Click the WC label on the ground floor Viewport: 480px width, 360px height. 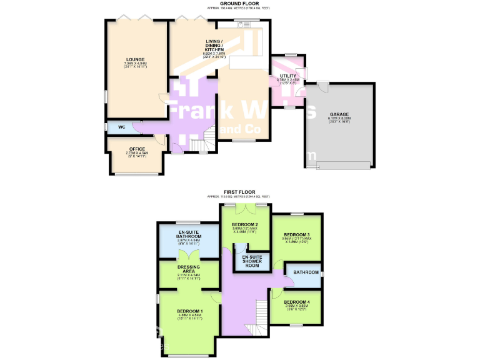tap(122, 127)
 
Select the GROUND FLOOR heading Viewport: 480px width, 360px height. tap(239, 3)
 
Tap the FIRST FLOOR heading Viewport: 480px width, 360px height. tap(239, 191)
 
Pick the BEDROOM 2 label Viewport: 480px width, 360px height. tap(245, 226)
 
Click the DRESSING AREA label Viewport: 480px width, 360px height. tap(189, 269)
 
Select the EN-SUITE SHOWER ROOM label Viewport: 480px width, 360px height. tap(251, 261)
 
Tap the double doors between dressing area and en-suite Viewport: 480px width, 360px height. tap(189, 255)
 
